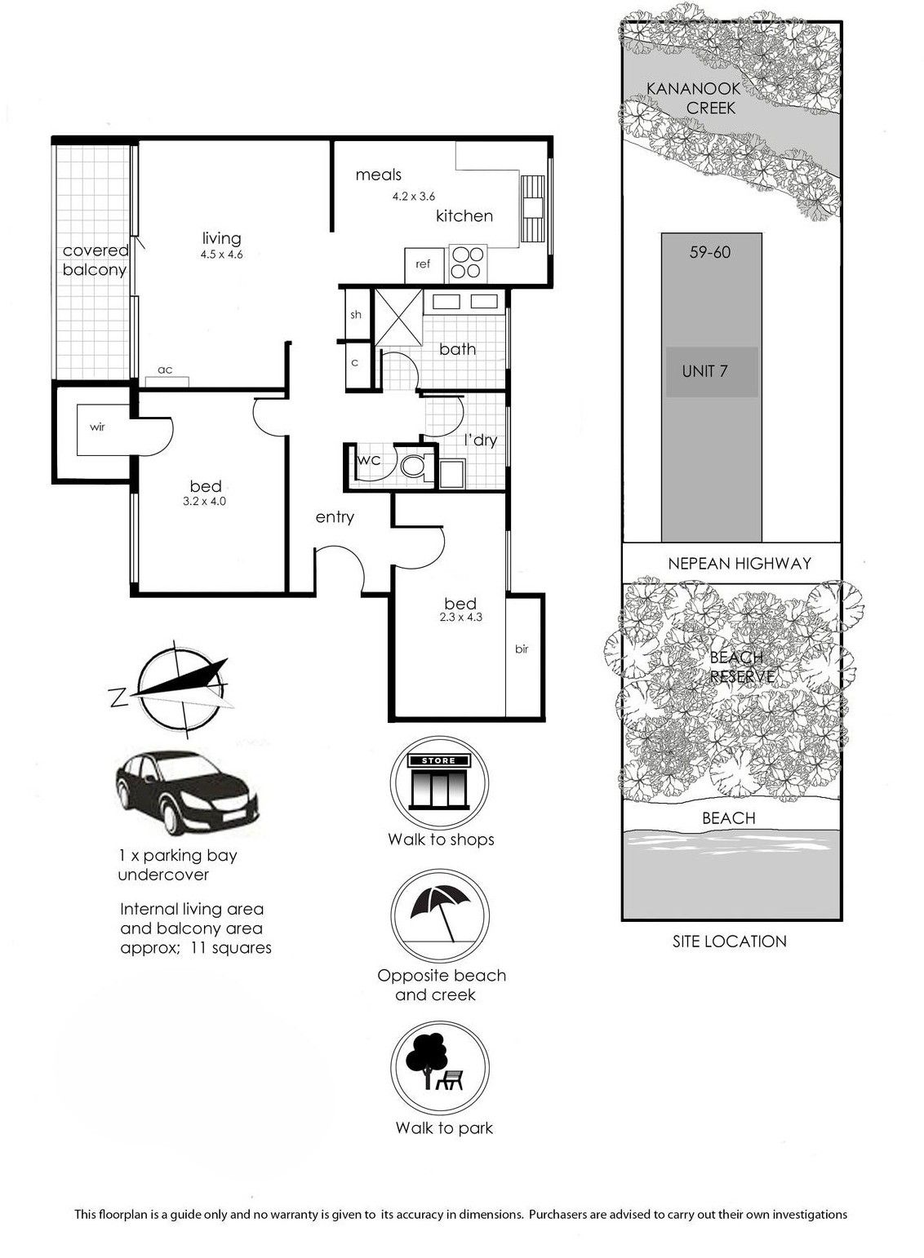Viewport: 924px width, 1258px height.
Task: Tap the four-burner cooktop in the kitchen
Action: pyautogui.click(x=468, y=264)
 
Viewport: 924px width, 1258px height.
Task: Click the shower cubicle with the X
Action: pyautogui.click(x=398, y=317)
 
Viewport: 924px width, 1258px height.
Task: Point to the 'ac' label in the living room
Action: pyautogui.click(x=165, y=370)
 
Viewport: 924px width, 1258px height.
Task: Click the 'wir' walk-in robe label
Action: pyautogui.click(x=97, y=427)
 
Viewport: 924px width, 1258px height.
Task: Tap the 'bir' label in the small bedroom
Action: pyautogui.click(x=522, y=649)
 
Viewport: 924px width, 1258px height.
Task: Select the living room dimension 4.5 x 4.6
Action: pyautogui.click(x=221, y=255)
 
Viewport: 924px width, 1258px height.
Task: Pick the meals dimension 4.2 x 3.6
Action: pyautogui.click(x=414, y=197)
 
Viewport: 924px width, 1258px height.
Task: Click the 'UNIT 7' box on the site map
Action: pyautogui.click(x=712, y=372)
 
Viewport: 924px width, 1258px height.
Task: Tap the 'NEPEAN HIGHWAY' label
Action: pyautogui.click(x=739, y=563)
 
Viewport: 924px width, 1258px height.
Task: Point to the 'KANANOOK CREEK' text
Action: pyautogui.click(x=694, y=98)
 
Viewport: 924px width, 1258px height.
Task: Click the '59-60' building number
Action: pyautogui.click(x=710, y=252)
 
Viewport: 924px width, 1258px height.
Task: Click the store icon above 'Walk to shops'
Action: pyautogui.click(x=439, y=782)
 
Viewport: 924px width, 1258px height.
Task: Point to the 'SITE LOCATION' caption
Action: pyautogui.click(x=730, y=941)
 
